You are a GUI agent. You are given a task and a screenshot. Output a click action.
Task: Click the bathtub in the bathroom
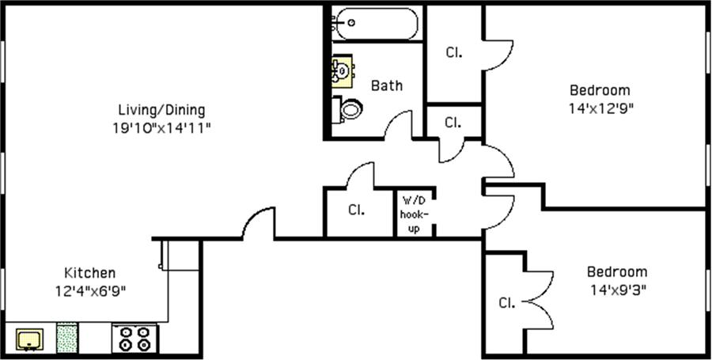pos(376,23)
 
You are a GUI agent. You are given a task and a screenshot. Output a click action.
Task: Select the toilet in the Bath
pos(347,108)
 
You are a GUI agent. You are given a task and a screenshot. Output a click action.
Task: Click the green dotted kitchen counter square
pos(68,338)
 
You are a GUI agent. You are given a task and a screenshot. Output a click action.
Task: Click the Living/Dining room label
pos(161,110)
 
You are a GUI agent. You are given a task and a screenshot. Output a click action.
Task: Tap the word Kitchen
pos(89,273)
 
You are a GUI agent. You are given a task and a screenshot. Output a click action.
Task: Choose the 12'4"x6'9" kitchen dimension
pos(89,290)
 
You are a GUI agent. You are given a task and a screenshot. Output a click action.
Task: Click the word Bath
pos(387,85)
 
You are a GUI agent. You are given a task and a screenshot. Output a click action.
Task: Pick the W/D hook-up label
pos(415,214)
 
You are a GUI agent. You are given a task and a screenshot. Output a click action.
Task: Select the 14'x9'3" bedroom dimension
pos(616,289)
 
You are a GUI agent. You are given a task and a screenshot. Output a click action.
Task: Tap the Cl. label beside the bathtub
pos(453,53)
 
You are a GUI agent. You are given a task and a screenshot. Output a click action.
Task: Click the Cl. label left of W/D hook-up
pos(356,210)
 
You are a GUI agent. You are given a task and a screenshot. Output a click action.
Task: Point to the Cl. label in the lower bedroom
pos(507,302)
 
